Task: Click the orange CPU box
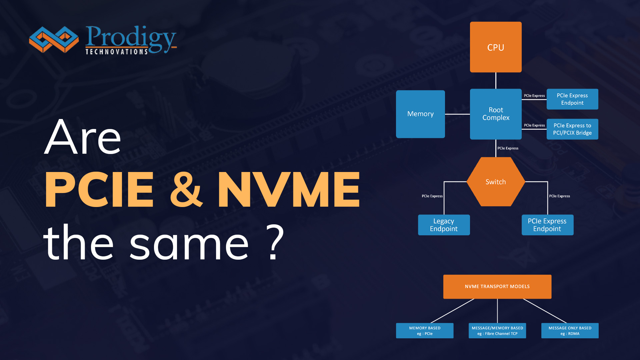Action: coord(496,47)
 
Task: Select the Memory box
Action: coord(420,114)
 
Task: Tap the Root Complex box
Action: coord(496,114)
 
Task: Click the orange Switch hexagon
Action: coord(496,182)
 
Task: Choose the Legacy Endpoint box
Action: coord(444,225)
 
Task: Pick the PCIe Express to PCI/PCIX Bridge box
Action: coord(572,129)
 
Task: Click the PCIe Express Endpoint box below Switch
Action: coord(547,225)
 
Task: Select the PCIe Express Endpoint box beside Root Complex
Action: coord(572,99)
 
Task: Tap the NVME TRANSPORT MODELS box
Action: coord(497,287)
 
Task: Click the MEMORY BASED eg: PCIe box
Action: coord(425,331)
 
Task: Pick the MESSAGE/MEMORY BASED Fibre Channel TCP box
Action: coord(497,331)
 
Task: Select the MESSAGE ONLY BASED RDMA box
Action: coord(570,331)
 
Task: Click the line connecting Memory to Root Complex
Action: coord(457,114)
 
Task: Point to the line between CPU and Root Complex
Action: coord(496,80)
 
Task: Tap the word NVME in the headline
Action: coord(289,189)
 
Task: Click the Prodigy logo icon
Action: coord(54,39)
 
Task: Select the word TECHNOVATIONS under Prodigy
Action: coord(117,52)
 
